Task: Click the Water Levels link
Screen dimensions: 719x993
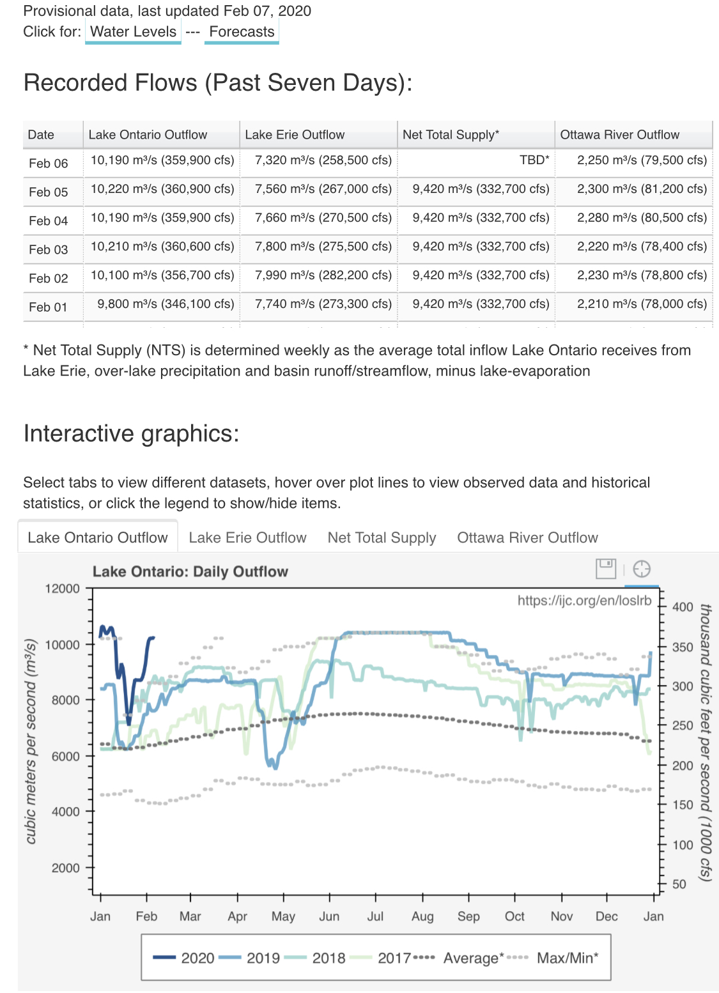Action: [133, 31]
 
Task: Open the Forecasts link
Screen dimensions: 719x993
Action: [242, 31]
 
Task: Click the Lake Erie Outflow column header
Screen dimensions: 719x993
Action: [295, 135]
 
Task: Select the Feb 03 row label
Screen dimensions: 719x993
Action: [49, 250]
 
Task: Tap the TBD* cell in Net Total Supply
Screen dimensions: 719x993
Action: [534, 160]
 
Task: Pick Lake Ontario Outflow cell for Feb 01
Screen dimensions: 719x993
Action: [166, 304]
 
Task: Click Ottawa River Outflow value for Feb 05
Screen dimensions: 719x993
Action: [642, 189]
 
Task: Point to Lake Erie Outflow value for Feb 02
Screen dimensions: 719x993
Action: [323, 275]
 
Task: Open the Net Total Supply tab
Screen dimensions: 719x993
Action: [382, 537]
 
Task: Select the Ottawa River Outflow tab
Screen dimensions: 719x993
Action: [527, 537]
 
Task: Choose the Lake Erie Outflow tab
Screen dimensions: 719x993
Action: [247, 537]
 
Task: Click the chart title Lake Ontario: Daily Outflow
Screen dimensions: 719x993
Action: [190, 571]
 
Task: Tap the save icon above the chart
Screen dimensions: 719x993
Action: [605, 569]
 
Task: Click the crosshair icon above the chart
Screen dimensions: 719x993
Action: [642, 569]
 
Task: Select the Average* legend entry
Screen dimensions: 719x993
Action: [458, 957]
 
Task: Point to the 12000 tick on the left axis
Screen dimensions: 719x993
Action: [63, 589]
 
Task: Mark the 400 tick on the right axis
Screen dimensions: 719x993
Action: [683, 606]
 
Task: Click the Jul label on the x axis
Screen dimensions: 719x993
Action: [375, 916]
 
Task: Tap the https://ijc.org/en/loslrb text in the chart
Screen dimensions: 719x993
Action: [584, 600]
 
